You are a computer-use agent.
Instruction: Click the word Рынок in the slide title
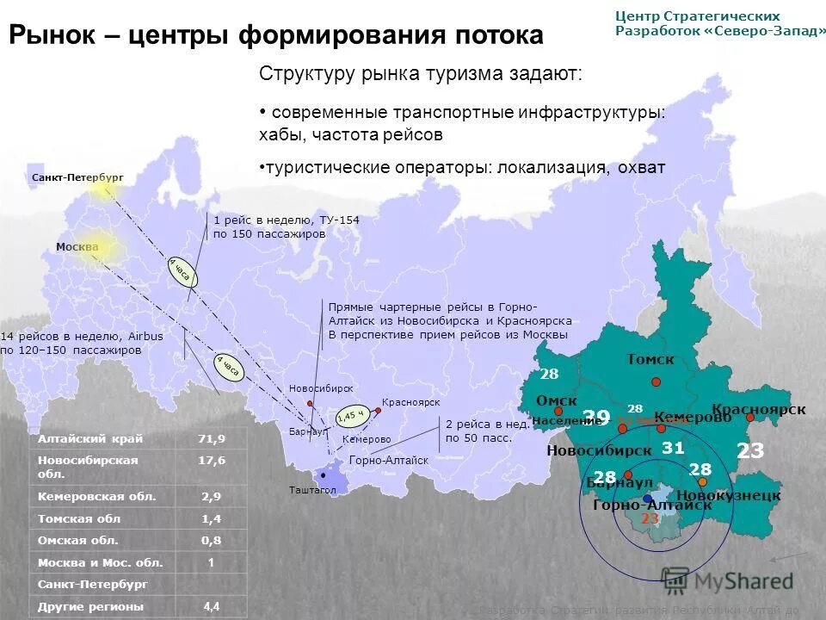click(x=51, y=35)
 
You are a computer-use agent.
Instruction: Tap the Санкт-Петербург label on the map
click(x=77, y=177)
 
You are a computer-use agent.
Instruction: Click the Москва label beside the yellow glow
click(x=77, y=247)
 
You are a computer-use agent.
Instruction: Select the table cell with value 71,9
click(x=211, y=438)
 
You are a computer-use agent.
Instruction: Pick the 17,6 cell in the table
click(x=211, y=461)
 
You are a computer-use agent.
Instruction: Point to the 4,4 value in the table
click(x=211, y=606)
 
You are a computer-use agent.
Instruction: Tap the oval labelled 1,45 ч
click(x=351, y=415)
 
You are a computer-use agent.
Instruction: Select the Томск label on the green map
click(x=650, y=360)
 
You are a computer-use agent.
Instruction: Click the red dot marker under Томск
click(x=656, y=381)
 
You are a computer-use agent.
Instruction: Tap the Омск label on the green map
click(x=556, y=401)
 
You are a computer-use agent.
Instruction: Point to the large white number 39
click(x=596, y=418)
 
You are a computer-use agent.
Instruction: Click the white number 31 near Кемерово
click(x=673, y=448)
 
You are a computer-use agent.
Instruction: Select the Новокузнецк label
click(x=728, y=495)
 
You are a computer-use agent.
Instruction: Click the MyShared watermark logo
click(x=727, y=580)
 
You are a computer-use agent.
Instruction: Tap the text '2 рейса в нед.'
click(x=478, y=424)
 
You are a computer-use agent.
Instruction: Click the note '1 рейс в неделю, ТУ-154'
click(x=286, y=220)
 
